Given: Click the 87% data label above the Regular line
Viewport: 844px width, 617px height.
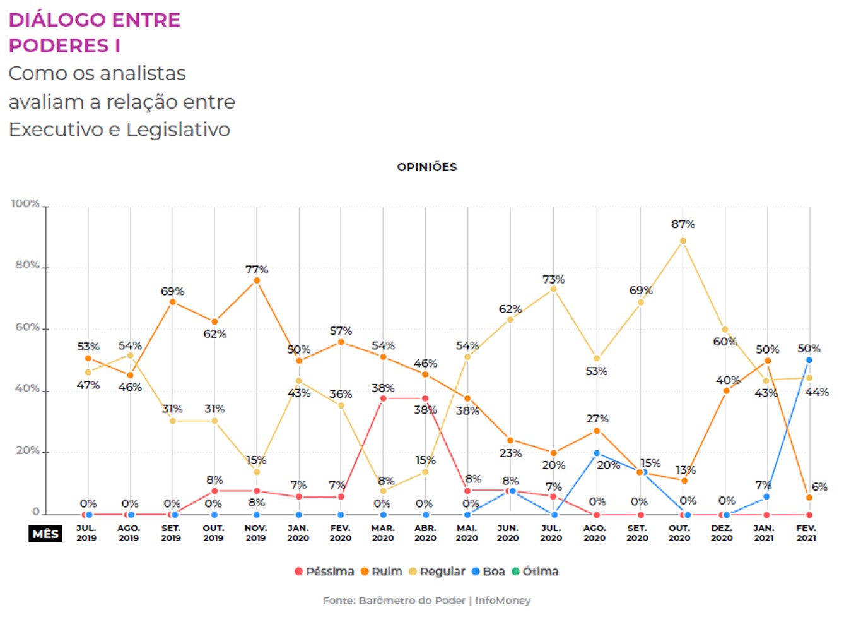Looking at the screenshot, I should click(683, 224).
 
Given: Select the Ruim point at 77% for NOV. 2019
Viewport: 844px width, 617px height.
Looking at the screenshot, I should click(257, 280).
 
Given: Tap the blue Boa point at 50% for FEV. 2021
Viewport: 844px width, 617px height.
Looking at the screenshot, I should click(809, 360).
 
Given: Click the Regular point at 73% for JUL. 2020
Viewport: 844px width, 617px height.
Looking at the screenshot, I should click(554, 289).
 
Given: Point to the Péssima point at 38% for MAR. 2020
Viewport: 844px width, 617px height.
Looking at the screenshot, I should click(383, 398).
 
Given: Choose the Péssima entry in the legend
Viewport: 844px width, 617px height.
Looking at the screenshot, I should click(324, 572).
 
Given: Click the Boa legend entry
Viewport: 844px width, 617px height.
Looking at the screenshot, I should click(489, 572).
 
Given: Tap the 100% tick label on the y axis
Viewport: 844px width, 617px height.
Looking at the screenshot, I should click(25, 204).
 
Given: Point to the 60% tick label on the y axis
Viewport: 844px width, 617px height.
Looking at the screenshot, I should click(27, 327).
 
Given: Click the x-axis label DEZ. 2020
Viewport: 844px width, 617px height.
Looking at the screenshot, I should click(722, 533).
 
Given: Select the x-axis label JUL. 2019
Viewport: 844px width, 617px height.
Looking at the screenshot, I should click(86, 533).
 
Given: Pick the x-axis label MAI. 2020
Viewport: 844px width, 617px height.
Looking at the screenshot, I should click(467, 533).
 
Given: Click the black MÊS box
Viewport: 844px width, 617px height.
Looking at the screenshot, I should click(46, 534).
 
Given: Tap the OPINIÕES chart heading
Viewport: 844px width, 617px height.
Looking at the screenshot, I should click(426, 167).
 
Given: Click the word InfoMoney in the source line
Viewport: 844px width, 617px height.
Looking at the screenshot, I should click(503, 601).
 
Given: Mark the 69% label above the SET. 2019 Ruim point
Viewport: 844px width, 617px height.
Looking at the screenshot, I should click(172, 291).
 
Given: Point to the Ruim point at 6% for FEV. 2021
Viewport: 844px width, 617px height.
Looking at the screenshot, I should click(809, 498).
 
